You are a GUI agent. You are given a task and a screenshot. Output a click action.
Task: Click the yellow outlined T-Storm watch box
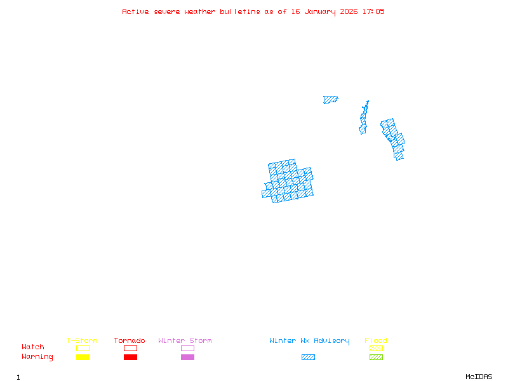pyautogui.click(x=83, y=348)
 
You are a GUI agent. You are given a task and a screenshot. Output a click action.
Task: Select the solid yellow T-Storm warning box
pyautogui.click(x=83, y=358)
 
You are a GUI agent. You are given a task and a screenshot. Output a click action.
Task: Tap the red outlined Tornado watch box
pyautogui.click(x=130, y=348)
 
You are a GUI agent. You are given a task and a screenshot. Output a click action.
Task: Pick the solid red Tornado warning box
pyautogui.click(x=130, y=358)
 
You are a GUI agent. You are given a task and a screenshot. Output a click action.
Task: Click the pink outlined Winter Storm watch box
pyautogui.click(x=187, y=348)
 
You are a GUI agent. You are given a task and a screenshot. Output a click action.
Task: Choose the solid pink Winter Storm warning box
pyautogui.click(x=187, y=358)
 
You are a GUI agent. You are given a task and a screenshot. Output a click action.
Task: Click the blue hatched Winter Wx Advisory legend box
pyautogui.click(x=308, y=358)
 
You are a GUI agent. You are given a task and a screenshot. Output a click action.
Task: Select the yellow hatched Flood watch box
pyautogui.click(x=376, y=348)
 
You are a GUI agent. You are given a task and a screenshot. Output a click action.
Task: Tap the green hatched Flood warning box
pyautogui.click(x=376, y=358)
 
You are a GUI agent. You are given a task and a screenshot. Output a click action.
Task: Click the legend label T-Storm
pyautogui.click(x=82, y=340)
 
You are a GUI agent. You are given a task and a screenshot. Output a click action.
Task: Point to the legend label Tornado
pyautogui.click(x=130, y=340)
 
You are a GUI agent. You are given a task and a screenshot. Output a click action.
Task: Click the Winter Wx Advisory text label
pyautogui.click(x=309, y=340)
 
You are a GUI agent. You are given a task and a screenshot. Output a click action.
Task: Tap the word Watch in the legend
pyautogui.click(x=33, y=347)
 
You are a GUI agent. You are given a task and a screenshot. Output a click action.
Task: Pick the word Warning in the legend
pyautogui.click(x=37, y=357)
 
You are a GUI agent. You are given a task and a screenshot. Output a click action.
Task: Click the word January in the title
pyautogui.click(x=321, y=11)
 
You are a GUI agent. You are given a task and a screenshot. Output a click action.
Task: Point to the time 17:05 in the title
pyautogui.click(x=374, y=11)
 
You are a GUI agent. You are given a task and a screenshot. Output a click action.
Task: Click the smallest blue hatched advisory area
pyautogui.click(x=330, y=100)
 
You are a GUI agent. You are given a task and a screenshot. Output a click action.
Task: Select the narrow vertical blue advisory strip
pyautogui.click(x=364, y=119)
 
